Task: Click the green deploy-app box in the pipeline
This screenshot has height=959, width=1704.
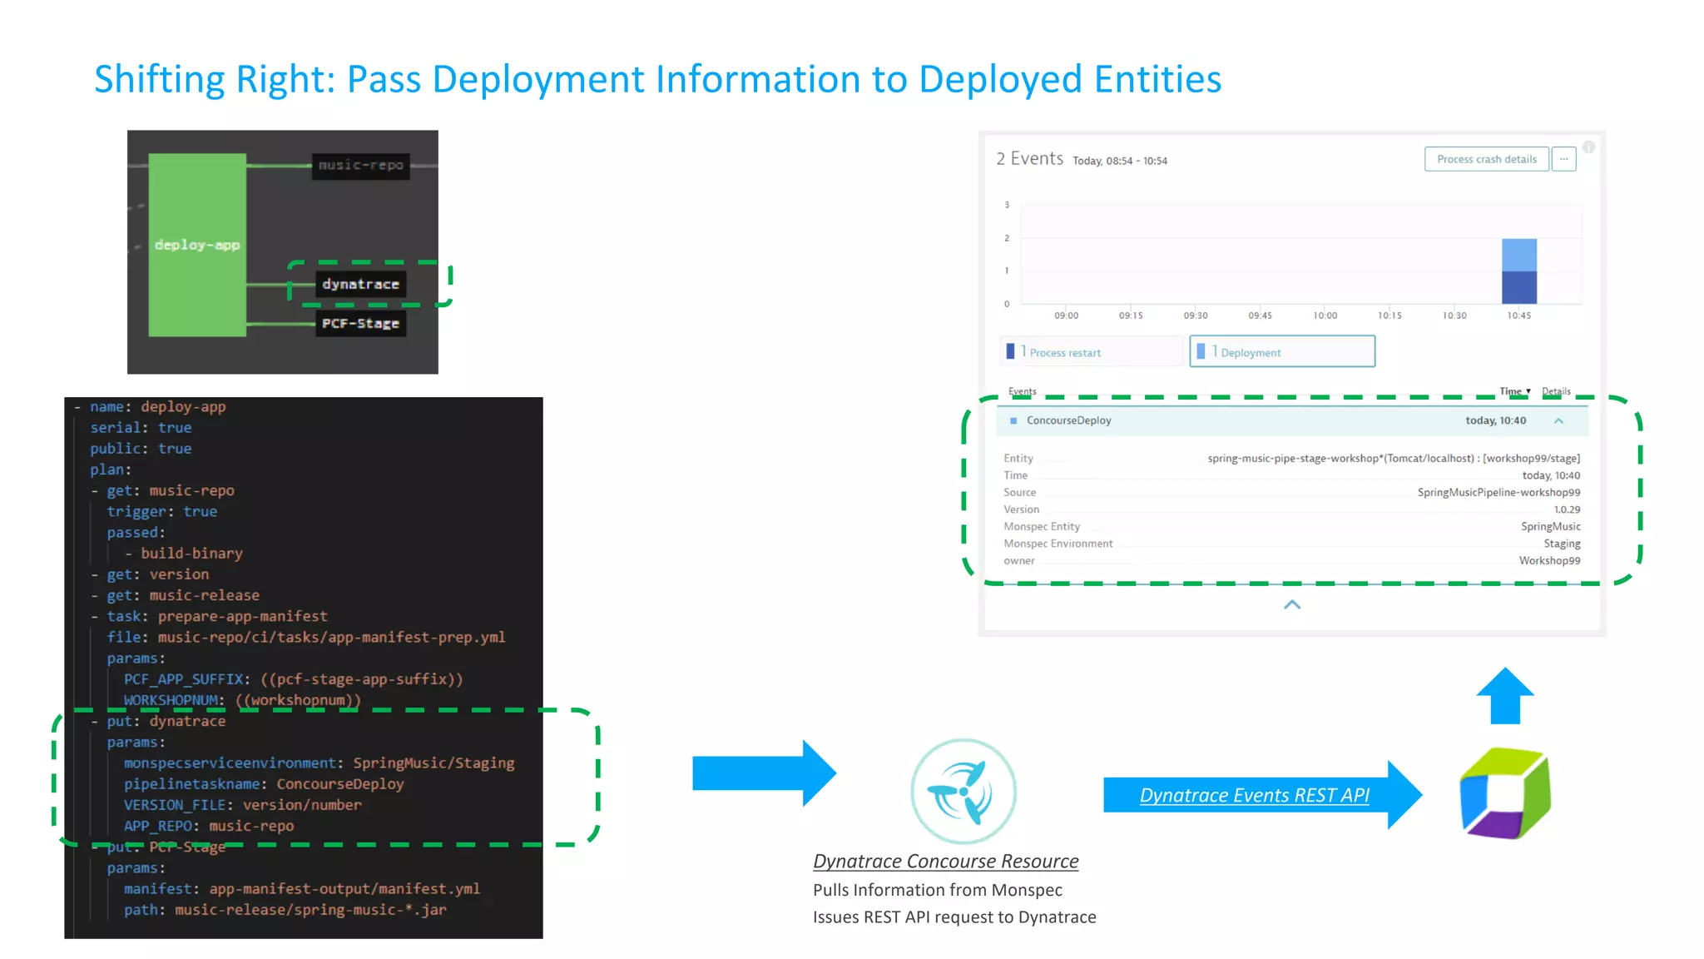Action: (197, 245)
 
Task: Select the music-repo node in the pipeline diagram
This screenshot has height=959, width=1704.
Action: (361, 165)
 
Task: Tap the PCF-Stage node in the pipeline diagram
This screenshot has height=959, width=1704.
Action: (361, 324)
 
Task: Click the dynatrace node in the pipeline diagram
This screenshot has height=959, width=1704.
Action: (361, 285)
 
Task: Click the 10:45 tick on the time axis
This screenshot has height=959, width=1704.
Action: (1518, 316)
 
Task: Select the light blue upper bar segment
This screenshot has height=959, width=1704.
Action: (1518, 255)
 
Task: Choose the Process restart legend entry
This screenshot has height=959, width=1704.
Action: (1064, 353)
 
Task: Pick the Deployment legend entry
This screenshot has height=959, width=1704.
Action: (1250, 353)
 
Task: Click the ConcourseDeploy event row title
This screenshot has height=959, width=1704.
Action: (1068, 420)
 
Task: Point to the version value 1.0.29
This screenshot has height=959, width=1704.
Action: (1567, 509)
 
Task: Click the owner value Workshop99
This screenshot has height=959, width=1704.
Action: (1549, 561)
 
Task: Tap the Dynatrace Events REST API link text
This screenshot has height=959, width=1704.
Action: (1254, 796)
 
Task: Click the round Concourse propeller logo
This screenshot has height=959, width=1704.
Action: (963, 791)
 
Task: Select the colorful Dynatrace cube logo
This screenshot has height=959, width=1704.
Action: (1505, 793)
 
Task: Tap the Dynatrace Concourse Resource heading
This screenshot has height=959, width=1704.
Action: (945, 862)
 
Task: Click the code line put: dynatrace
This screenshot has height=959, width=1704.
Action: (166, 722)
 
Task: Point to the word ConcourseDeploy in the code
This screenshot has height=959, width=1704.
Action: (339, 784)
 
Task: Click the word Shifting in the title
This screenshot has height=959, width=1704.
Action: (159, 80)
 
